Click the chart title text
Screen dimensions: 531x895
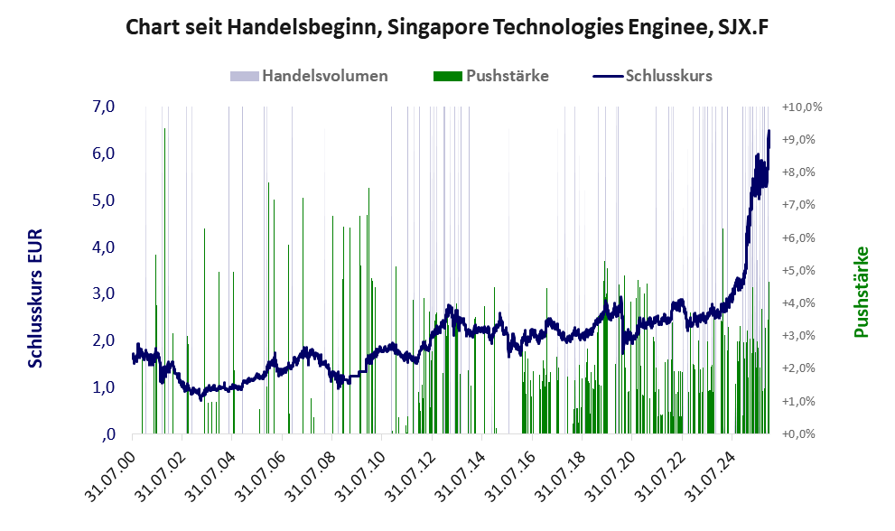point(447,27)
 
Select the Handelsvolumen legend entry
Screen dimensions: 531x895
point(324,76)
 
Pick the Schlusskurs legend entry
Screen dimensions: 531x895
point(668,76)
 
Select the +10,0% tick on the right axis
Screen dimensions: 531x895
point(802,107)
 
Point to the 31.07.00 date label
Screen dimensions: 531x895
point(109,470)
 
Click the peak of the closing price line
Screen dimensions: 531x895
point(769,131)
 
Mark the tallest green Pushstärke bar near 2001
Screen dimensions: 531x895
point(164,130)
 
